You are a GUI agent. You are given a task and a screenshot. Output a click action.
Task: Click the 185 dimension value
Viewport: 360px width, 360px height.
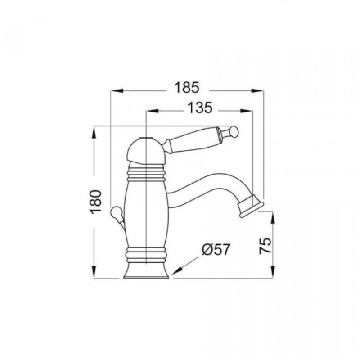(187, 88)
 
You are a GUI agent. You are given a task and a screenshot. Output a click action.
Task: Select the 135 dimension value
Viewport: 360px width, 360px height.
(200, 108)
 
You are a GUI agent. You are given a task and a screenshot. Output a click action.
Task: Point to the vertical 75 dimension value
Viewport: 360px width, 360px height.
(265, 245)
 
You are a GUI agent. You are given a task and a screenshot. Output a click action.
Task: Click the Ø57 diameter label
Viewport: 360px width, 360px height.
(216, 249)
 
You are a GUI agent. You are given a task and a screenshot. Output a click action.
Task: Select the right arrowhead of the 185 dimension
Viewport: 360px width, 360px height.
(257, 91)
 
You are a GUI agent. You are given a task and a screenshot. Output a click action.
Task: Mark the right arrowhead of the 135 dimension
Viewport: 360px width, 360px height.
(246, 111)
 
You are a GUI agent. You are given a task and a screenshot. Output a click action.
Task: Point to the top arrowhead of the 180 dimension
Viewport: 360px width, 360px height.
(94, 133)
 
